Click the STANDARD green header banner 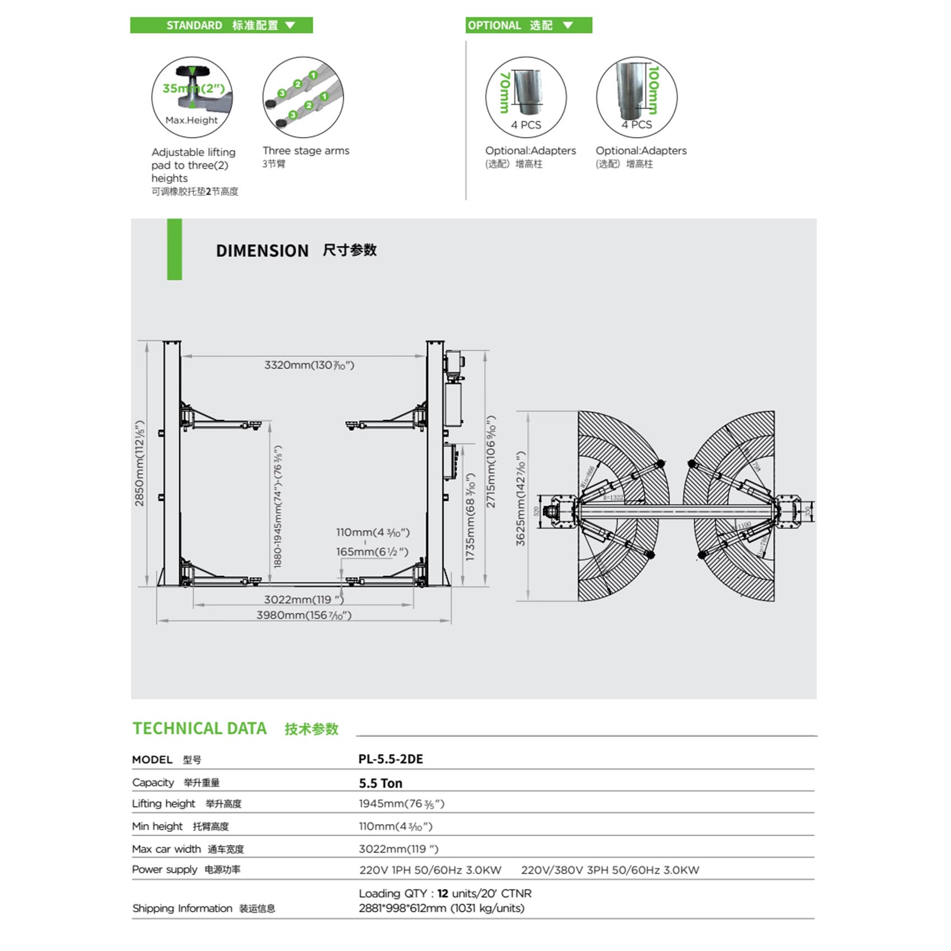(222, 25)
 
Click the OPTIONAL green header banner (528, 25)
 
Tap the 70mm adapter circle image (526, 97)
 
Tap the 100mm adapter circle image (637, 97)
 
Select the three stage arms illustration (303, 97)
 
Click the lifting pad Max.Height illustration (192, 97)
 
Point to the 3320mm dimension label (309, 365)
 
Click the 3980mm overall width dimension (304, 615)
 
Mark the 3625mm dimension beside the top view (521, 498)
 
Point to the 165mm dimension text (372, 552)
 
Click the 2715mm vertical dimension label (491, 462)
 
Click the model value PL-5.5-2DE (390, 759)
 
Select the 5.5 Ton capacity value (380, 783)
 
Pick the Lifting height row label (163, 804)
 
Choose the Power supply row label (164, 869)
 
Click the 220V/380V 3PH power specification (610, 870)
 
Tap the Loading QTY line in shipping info (445, 893)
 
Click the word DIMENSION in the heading (262, 251)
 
